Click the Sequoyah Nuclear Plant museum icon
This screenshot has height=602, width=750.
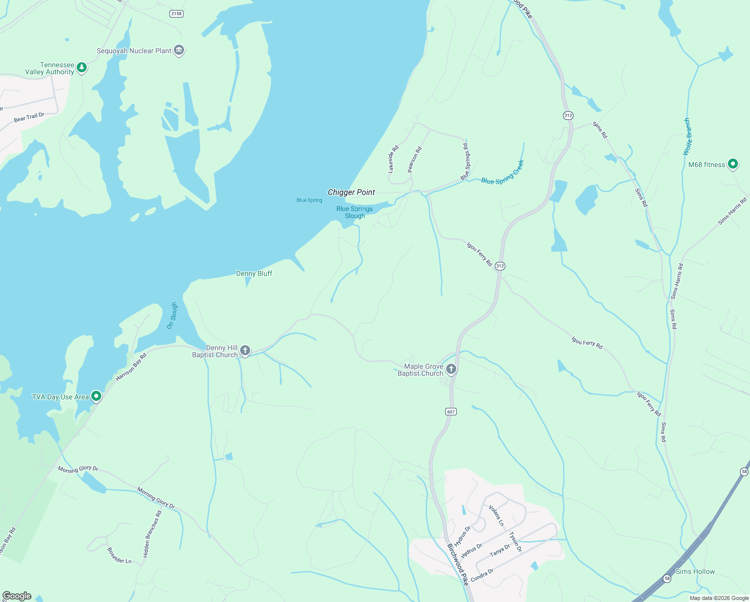click(x=179, y=51)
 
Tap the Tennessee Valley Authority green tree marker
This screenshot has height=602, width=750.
click(x=82, y=67)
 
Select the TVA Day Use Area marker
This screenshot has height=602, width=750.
click(x=96, y=396)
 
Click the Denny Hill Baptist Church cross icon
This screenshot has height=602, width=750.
click(x=245, y=351)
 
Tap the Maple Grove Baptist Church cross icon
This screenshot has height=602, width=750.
click(x=451, y=370)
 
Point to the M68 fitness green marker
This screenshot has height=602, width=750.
click(x=733, y=164)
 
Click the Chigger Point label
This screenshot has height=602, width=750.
click(x=351, y=192)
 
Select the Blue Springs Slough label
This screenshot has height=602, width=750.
click(x=354, y=212)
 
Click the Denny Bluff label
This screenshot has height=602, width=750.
click(x=254, y=273)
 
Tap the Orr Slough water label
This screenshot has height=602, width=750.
click(x=172, y=316)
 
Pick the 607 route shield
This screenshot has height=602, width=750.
click(x=451, y=412)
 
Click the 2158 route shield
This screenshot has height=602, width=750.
click(x=176, y=14)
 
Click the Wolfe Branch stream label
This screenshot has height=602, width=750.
click(x=688, y=136)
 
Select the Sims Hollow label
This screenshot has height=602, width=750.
click(x=695, y=571)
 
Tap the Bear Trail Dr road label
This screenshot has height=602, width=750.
click(x=29, y=117)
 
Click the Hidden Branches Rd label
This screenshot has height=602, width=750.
click(x=152, y=534)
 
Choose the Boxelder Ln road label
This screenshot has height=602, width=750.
click(x=119, y=555)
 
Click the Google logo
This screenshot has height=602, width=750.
click(x=17, y=595)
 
